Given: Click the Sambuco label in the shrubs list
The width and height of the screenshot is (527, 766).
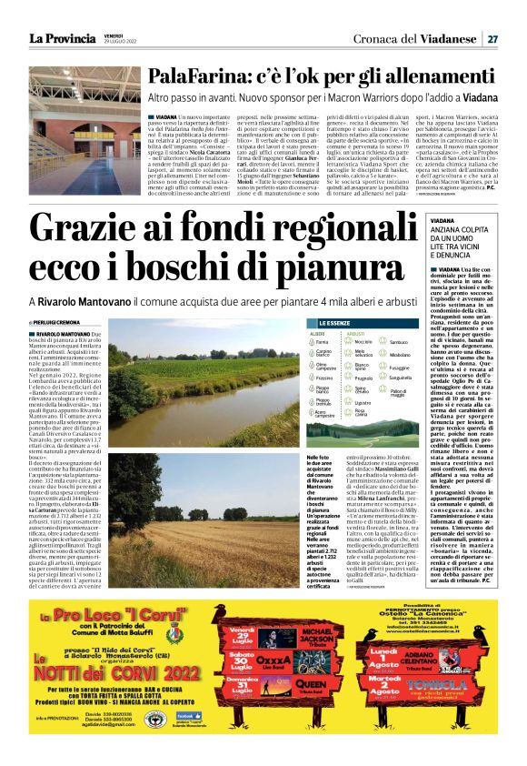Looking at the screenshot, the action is coord(400,341).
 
